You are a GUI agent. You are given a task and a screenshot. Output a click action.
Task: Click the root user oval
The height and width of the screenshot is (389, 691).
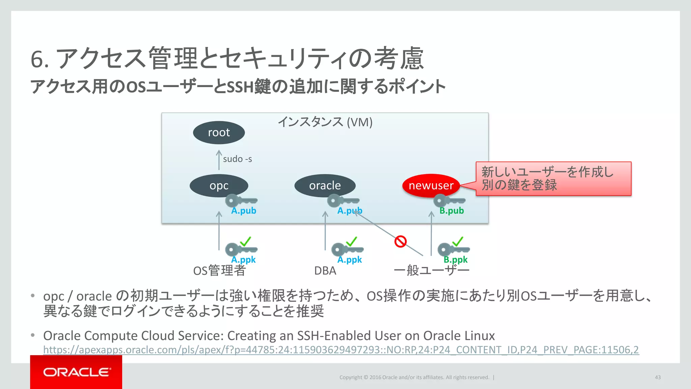point(219,132)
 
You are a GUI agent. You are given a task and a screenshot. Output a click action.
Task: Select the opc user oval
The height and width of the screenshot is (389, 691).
point(219,185)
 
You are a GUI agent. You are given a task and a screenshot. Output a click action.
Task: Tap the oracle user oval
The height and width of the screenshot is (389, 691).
point(325,185)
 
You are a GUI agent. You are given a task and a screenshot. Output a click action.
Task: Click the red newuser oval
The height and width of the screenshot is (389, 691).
point(431,185)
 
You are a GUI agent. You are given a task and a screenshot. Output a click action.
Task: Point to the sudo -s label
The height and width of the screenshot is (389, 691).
point(237,159)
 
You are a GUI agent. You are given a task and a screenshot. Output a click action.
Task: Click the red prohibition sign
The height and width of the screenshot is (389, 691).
point(400,241)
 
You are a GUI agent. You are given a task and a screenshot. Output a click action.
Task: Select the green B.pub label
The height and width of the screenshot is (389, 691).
point(451,211)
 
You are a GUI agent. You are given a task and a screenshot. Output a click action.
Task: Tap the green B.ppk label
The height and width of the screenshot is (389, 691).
point(455,260)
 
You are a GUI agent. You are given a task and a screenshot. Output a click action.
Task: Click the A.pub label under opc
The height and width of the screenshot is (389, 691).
point(244,211)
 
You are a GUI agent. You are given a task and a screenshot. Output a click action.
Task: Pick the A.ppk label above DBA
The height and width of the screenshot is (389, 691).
point(350,260)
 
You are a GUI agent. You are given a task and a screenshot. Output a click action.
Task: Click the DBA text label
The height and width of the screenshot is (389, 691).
point(325,271)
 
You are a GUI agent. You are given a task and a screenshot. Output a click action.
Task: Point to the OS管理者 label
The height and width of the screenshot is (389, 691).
point(219,271)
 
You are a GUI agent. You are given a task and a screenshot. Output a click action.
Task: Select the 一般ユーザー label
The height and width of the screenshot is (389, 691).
point(431,271)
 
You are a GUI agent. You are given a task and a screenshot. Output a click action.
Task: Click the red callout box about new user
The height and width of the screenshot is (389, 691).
point(553,179)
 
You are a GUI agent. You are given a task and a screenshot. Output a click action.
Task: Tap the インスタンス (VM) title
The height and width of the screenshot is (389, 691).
point(325,122)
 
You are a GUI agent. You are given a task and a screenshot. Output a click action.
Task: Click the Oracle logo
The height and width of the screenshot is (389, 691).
point(76,372)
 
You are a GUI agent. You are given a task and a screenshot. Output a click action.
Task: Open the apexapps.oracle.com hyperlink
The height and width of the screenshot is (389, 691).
point(341,350)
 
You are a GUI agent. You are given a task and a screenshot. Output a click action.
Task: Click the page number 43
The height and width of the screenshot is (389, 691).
point(658,378)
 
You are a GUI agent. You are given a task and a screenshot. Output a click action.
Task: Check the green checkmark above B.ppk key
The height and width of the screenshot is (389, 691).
point(458,241)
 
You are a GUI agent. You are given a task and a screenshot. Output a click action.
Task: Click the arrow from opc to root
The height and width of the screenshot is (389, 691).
point(219,160)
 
